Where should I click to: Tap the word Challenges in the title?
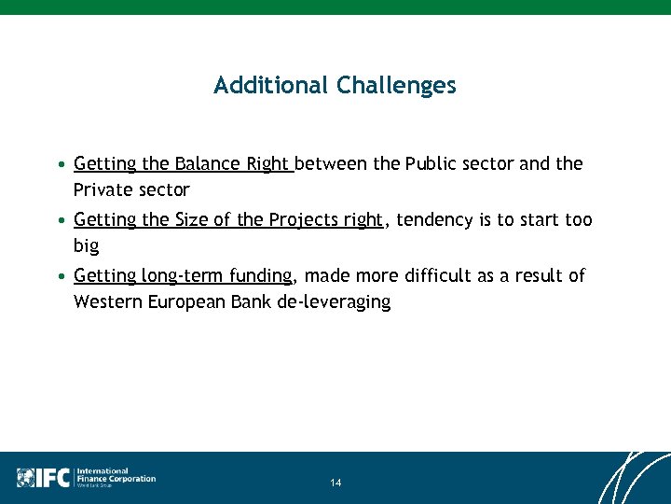[396, 86]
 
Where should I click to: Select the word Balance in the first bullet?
[208, 164]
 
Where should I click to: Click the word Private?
[103, 190]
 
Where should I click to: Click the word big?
[86, 246]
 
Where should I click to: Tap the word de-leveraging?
[334, 302]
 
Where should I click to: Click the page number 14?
[335, 483]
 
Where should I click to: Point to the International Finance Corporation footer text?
[115, 477]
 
